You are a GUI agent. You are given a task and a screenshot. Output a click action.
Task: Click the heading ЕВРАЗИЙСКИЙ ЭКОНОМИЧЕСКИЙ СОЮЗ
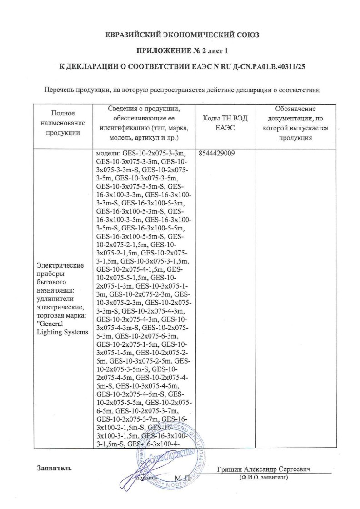point(180,35)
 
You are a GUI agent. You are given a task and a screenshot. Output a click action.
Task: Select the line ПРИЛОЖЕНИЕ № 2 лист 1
point(180,50)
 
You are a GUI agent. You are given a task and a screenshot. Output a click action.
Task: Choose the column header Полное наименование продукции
point(63,123)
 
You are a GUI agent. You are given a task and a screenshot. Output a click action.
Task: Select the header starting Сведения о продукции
point(145,123)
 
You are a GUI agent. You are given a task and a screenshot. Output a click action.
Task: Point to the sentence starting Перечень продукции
point(180,90)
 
